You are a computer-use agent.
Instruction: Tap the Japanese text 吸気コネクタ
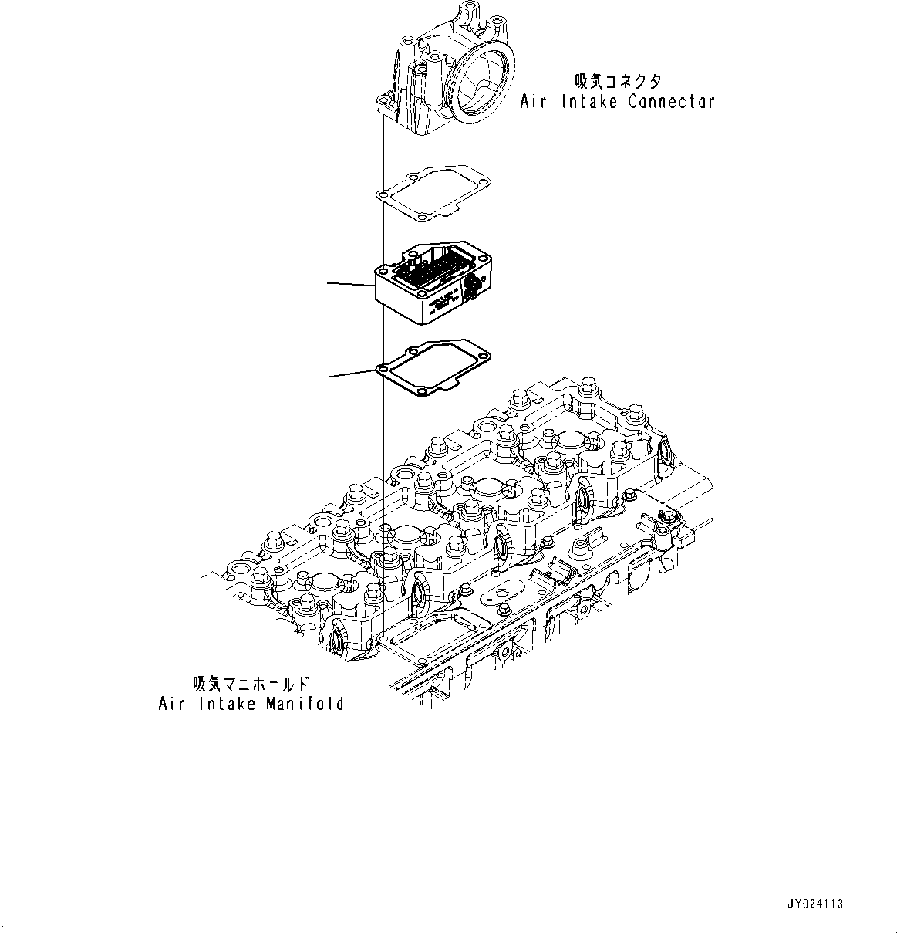[618, 82]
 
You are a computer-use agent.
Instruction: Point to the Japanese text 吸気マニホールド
[251, 685]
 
